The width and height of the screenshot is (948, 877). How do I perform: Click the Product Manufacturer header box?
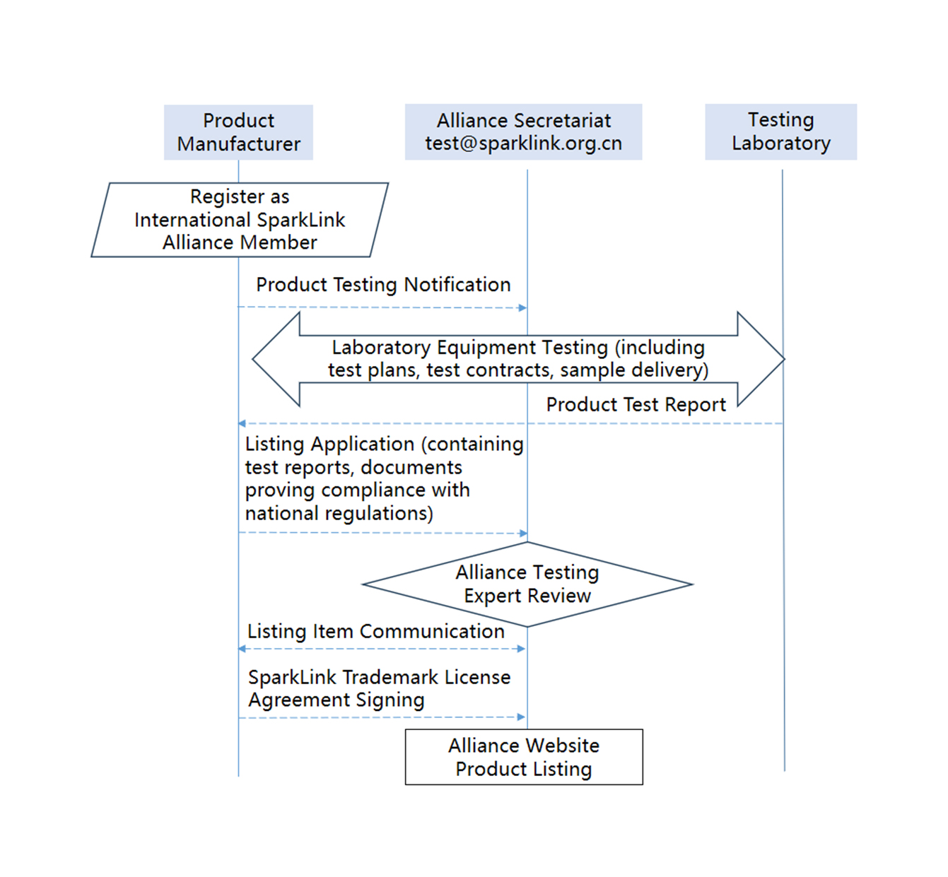click(x=238, y=132)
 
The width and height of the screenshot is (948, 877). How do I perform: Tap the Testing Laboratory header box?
click(x=780, y=131)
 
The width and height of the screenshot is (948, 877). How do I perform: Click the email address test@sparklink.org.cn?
click(x=523, y=143)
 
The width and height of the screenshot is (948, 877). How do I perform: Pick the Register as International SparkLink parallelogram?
click(x=240, y=220)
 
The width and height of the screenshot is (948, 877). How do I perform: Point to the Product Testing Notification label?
click(x=383, y=285)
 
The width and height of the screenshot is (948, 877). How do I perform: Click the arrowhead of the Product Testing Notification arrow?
click(x=522, y=308)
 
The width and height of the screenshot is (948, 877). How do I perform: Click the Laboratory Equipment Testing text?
click(x=518, y=359)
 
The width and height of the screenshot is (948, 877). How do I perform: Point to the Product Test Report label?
click(x=636, y=405)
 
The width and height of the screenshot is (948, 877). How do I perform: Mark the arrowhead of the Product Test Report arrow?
click(x=242, y=424)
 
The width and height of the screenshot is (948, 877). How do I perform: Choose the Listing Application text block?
click(x=384, y=478)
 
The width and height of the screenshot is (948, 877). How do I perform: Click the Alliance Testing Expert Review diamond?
click(x=527, y=584)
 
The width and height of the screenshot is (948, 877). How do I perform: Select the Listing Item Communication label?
click(x=375, y=631)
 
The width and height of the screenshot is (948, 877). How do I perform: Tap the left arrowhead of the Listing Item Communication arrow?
click(x=242, y=649)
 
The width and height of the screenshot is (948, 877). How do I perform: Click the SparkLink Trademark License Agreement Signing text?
click(x=379, y=688)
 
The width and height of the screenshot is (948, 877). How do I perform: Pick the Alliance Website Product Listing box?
click(x=524, y=757)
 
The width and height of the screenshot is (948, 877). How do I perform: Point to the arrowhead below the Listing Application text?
click(x=523, y=534)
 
